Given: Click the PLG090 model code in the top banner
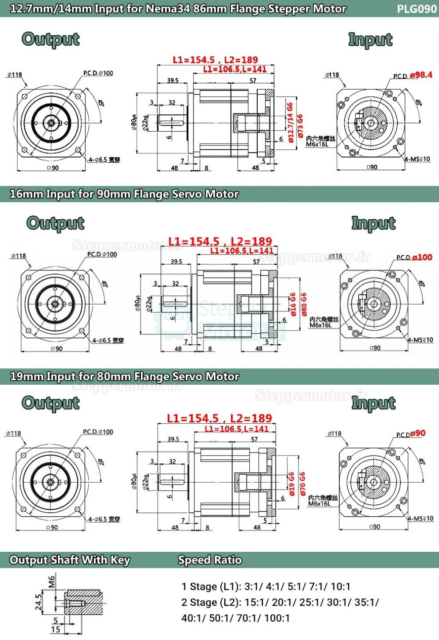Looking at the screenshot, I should [417, 9].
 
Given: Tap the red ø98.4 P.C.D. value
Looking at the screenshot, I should [421, 75].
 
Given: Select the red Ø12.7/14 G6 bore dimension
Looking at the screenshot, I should [290, 123].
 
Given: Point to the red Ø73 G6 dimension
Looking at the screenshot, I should [300, 126].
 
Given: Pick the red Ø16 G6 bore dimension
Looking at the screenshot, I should [293, 304].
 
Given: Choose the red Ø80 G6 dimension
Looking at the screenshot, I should [303, 304].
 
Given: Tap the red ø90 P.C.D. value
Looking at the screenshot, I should [418, 433].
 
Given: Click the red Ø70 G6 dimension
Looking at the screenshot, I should [302, 483].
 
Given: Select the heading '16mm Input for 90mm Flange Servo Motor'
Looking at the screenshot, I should [124, 194].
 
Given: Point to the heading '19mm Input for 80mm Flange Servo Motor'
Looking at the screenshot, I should [124, 377].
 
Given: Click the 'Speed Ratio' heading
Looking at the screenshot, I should [210, 560].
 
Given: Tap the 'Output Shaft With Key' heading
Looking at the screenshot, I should [70, 560].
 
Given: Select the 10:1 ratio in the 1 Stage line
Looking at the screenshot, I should [341, 587].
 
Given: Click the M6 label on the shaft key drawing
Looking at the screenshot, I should [51, 581].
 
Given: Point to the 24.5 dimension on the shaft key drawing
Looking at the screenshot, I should [39, 602].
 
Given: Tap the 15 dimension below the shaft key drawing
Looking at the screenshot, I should [55, 629].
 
